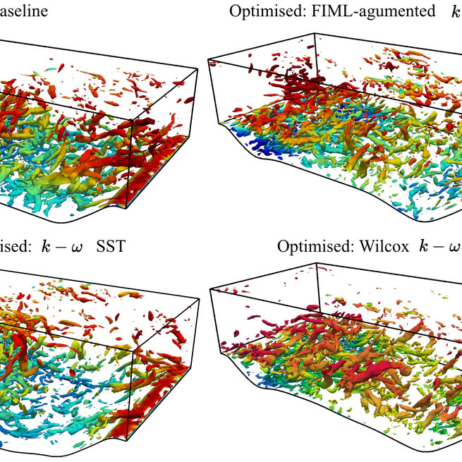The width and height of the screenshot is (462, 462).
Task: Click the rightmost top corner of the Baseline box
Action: pos(195,70)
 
